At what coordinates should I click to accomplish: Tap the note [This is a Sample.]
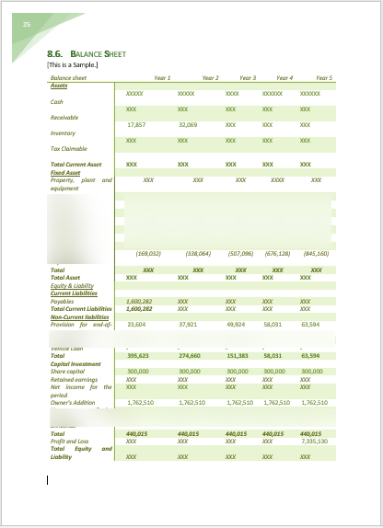tap(72, 64)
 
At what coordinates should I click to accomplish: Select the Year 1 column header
tap(162, 78)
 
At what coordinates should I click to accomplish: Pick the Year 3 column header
tap(248, 78)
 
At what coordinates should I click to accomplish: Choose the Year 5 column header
tap(324, 78)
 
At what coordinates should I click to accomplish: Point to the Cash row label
tap(57, 102)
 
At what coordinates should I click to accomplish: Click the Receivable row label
tap(64, 118)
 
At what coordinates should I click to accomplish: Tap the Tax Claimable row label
tap(68, 148)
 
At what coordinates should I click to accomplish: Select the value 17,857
tap(136, 124)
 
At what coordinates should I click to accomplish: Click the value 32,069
tap(188, 124)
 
